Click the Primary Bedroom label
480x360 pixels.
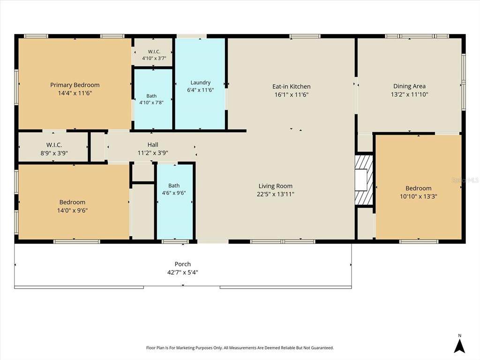click(x=75, y=85)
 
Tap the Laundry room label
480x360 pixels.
click(x=201, y=82)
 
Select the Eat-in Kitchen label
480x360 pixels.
click(x=292, y=87)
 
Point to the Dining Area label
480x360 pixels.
click(x=409, y=86)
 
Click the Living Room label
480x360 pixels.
click(x=276, y=186)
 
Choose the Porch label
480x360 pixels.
click(x=183, y=264)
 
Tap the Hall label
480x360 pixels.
click(x=153, y=145)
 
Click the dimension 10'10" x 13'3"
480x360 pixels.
click(x=419, y=196)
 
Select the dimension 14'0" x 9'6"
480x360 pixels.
click(x=73, y=210)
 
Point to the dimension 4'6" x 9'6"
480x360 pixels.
click(x=174, y=193)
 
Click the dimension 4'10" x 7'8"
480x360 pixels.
click(x=151, y=103)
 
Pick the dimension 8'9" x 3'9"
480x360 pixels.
click(x=54, y=153)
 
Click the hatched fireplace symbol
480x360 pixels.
click(x=364, y=180)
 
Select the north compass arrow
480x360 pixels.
click(x=459, y=346)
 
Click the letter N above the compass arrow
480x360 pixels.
click(x=459, y=336)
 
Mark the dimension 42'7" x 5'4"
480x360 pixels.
click(x=183, y=272)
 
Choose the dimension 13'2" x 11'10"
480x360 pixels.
click(x=410, y=95)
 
